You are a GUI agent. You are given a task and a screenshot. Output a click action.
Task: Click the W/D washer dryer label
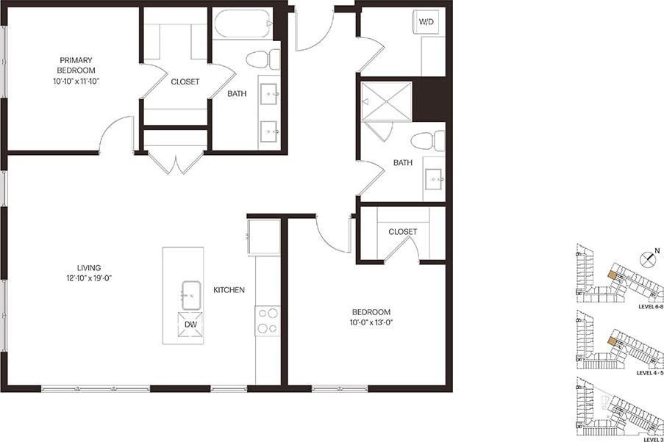coord(426,22)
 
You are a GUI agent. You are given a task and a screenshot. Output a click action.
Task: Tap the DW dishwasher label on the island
coord(190,324)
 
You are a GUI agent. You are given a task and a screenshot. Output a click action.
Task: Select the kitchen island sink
coord(191,294)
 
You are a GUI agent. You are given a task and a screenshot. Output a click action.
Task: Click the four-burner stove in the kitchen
coord(267,321)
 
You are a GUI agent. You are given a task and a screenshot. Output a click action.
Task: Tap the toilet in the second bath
coord(427,140)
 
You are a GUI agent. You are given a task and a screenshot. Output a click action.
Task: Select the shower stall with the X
coord(385,101)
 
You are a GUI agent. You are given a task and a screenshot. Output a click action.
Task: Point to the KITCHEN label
coord(229,290)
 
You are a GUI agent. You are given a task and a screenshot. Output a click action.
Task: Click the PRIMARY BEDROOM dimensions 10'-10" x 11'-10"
coord(76,81)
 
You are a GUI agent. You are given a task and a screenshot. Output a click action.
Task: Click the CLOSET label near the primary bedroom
coord(185,82)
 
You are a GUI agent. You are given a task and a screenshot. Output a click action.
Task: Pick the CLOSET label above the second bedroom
coord(402,232)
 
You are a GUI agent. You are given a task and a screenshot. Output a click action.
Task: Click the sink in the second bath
coord(433,176)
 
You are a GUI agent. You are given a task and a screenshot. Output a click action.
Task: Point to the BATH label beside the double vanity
coord(237,94)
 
